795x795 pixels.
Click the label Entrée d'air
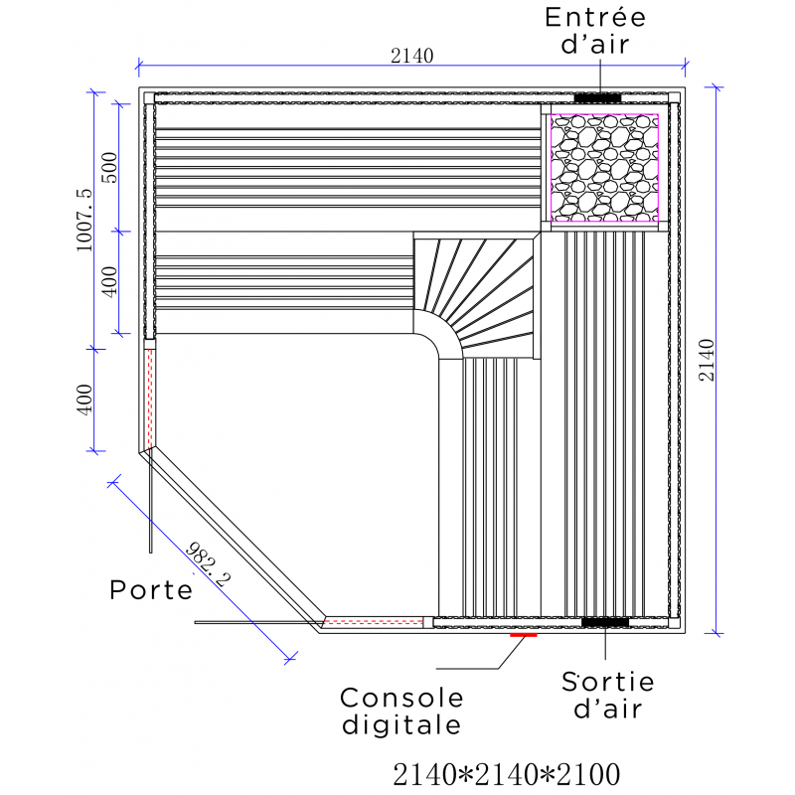pos(595,31)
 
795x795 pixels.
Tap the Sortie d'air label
pos(608,695)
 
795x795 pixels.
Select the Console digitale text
pos(401,712)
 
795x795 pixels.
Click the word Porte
pos(151,590)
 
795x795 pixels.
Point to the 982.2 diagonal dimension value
pos(209,564)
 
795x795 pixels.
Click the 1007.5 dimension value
pos(84,220)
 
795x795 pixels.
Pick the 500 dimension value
pos(109,167)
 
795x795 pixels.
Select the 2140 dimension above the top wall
pos(411,56)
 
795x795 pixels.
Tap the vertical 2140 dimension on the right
pos(707,360)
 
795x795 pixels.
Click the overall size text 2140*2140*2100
pos(507,774)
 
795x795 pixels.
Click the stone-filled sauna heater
pos(604,168)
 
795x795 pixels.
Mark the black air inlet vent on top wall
pos(597,97)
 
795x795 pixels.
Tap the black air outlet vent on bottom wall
pos(605,623)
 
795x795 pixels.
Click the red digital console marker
pos(524,634)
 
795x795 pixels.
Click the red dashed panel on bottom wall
pos(374,622)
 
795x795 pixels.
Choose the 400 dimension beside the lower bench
pos(109,282)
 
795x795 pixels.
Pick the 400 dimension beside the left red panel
pos(85,399)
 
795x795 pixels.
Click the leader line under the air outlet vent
pos(605,644)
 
